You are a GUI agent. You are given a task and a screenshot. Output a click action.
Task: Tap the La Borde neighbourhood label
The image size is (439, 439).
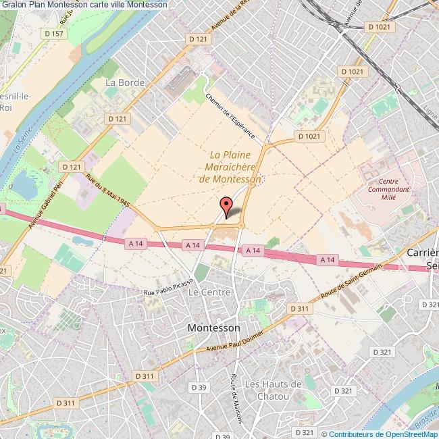(121, 82)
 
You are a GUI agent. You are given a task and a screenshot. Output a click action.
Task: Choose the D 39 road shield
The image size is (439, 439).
(199, 387)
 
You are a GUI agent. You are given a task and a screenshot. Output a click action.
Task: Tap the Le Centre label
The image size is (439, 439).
(210, 292)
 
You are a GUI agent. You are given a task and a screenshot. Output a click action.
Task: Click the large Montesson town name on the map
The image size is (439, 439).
(213, 328)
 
